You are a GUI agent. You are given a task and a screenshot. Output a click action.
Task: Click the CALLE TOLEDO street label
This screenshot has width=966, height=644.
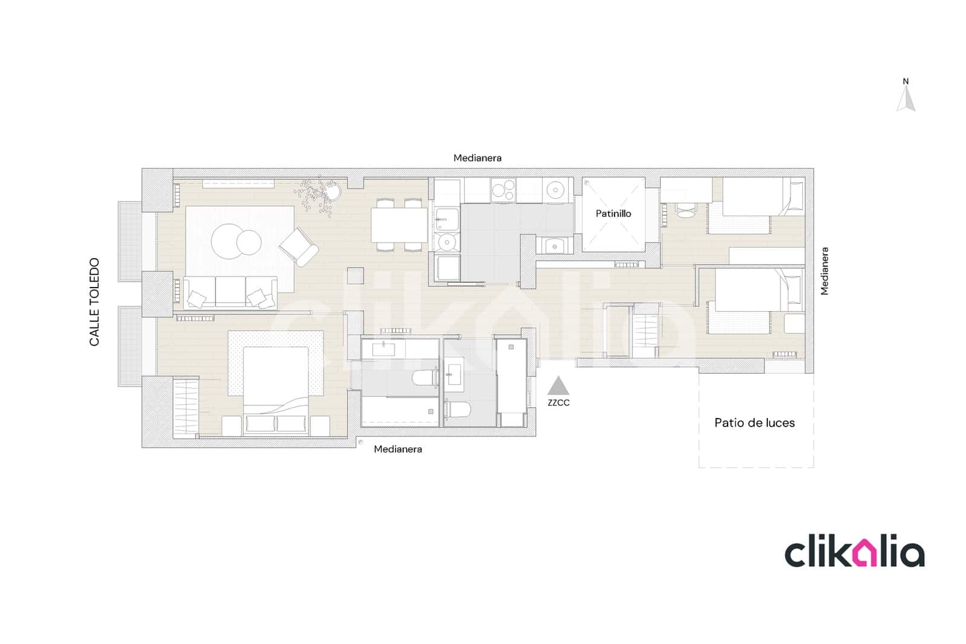coord(94,302)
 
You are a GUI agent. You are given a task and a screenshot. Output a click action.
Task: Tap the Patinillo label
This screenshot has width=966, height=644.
coord(613,213)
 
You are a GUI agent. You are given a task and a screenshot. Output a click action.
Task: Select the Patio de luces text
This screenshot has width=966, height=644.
coord(754,423)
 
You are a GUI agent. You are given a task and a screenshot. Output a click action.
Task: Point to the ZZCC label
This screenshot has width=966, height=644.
coord(558,403)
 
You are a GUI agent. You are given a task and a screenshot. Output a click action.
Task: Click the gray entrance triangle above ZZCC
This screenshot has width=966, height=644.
coord(558,386)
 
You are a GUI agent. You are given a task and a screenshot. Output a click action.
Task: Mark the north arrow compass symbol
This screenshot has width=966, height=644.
coord(906,99)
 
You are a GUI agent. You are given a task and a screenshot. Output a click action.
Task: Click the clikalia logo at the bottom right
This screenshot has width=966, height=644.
coord(854,553)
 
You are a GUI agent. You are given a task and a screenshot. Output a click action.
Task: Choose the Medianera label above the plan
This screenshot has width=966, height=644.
coord(478,158)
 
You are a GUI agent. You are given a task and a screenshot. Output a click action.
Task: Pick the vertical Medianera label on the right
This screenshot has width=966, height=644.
coord(825,271)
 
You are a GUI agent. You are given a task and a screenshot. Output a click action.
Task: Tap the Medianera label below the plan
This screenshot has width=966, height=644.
coord(398,449)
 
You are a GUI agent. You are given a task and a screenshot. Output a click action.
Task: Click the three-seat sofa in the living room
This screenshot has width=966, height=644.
coord(230,292)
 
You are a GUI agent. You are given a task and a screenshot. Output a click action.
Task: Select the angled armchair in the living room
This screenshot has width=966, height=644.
coord(299,246)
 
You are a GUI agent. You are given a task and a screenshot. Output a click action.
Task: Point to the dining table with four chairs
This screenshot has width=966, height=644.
coord(399,225)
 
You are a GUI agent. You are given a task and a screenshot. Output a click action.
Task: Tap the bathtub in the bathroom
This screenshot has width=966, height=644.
coord(399,411)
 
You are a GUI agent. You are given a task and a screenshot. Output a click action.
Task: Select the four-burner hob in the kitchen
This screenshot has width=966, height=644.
coord(503,190)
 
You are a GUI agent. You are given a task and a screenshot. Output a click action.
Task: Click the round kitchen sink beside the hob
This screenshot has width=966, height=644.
coord(555,191)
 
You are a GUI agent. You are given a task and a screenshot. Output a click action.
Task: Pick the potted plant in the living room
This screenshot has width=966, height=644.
coord(331,191)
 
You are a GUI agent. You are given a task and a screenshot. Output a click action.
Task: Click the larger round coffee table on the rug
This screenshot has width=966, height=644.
coord(228,241)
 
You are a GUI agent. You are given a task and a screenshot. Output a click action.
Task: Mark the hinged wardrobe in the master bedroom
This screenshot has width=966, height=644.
coord(185,406)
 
